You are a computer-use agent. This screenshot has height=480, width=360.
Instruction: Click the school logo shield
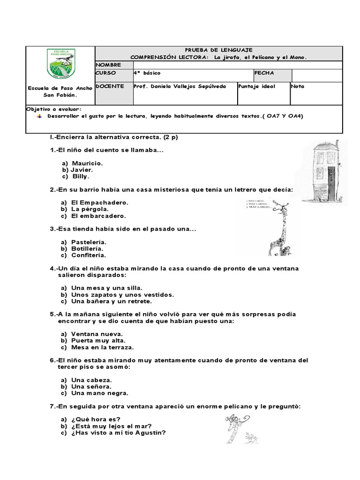pyautogui.click(x=60, y=63)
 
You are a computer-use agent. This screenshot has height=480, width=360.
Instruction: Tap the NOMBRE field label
pyautogui.click(x=108, y=65)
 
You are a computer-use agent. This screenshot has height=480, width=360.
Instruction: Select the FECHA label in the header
pyautogui.click(x=264, y=73)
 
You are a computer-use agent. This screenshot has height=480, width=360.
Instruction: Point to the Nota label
pyautogui.click(x=298, y=86)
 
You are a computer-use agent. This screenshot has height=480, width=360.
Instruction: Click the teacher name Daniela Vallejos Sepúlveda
pyautogui.click(x=180, y=86)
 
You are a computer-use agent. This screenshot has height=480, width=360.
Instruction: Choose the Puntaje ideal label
pyautogui.click(x=257, y=86)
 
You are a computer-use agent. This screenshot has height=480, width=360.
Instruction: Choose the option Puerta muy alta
pyautogui.click(x=98, y=340)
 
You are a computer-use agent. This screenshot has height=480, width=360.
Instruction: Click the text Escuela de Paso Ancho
pyautogui.click(x=60, y=88)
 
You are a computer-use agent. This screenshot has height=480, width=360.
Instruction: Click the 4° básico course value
pyautogui.click(x=147, y=73)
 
